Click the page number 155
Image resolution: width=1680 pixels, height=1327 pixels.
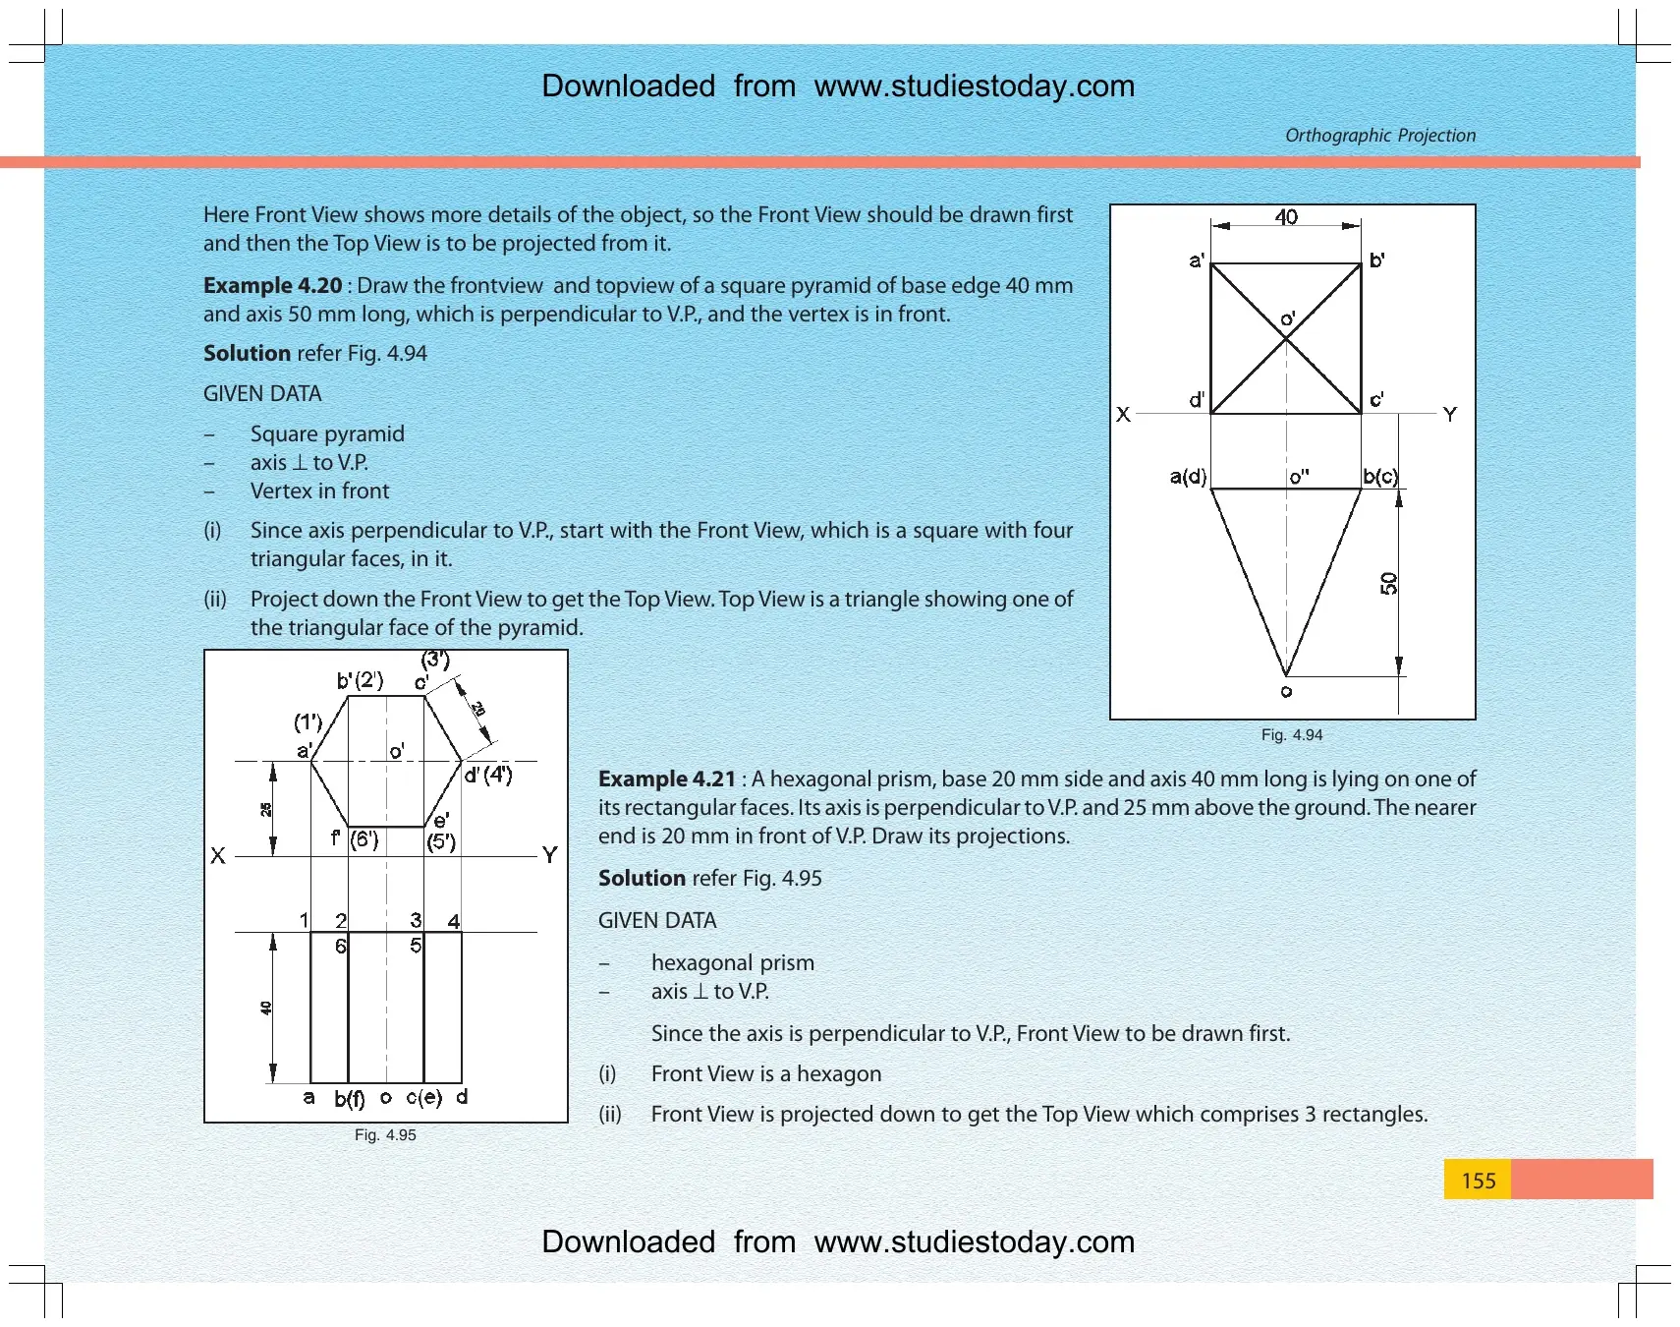click(x=1478, y=1181)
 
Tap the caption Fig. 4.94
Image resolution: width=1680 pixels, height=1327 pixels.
click(x=1292, y=735)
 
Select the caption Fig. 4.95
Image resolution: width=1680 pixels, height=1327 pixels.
click(x=385, y=1135)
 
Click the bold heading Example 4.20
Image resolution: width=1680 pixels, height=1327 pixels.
click(x=272, y=286)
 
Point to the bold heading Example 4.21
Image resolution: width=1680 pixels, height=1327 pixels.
click(x=667, y=779)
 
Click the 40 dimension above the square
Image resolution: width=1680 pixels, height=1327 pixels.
click(x=1286, y=217)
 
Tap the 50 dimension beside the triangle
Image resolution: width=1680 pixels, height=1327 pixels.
click(x=1388, y=584)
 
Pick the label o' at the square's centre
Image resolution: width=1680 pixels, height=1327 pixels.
click(x=1288, y=319)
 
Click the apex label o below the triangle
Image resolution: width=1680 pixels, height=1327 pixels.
click(x=1286, y=692)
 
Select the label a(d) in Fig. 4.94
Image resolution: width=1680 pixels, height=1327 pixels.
click(x=1188, y=477)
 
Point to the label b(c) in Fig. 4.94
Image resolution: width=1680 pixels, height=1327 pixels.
click(x=1380, y=477)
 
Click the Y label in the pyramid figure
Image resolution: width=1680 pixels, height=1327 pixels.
click(x=1450, y=415)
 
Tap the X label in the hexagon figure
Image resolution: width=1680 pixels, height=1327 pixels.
click(x=218, y=856)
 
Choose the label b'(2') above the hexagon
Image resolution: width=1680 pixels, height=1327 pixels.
click(x=360, y=680)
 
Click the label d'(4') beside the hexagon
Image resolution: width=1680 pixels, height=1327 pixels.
click(x=488, y=775)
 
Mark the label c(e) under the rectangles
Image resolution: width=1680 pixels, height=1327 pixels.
click(x=424, y=1097)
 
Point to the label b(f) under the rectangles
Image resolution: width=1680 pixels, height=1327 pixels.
click(x=350, y=1098)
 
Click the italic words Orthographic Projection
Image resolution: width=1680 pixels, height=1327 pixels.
click(x=1380, y=136)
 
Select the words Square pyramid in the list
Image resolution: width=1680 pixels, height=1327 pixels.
click(x=327, y=434)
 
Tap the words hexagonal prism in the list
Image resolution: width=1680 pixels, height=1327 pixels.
click(x=733, y=963)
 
